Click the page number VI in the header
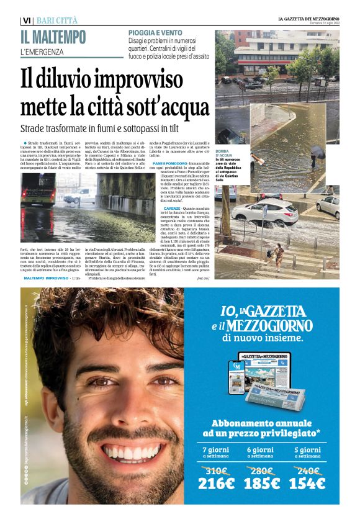pyautogui.click(x=25, y=20)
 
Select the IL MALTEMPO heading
pyautogui.click(x=53, y=37)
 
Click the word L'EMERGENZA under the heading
pyautogui.click(x=42, y=52)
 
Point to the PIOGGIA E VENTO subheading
pyautogui.click(x=155, y=32)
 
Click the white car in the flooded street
pyautogui.click(x=273, y=211)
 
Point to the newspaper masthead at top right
pyautogui.click(x=308, y=19)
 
